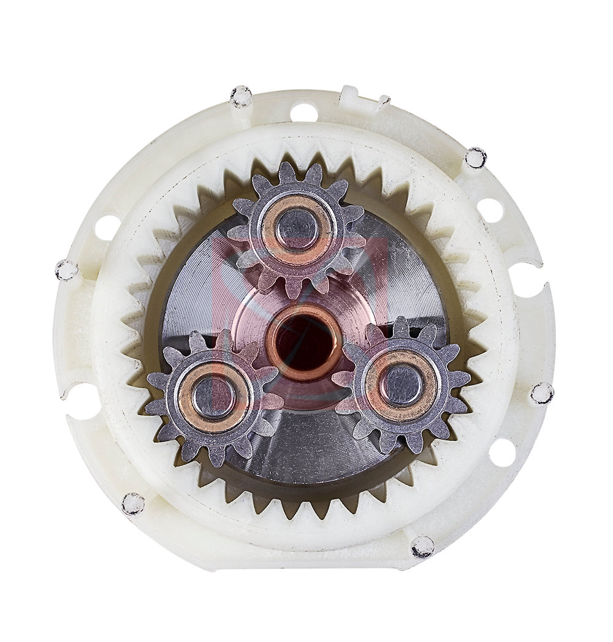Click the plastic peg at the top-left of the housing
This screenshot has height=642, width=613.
pos(241,96)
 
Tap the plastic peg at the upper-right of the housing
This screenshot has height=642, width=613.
pos(475,158)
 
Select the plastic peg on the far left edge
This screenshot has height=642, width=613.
pos(66,270)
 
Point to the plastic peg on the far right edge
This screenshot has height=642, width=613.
pos(542,393)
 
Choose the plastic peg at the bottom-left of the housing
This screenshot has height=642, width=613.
pos(132,504)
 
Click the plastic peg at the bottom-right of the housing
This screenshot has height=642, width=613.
pos(422,546)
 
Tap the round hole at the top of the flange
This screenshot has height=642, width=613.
pos(303,112)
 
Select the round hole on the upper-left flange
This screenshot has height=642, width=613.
pos(107,227)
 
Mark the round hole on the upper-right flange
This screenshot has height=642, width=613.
pos(490,210)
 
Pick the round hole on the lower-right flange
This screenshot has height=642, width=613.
pos(502,453)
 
